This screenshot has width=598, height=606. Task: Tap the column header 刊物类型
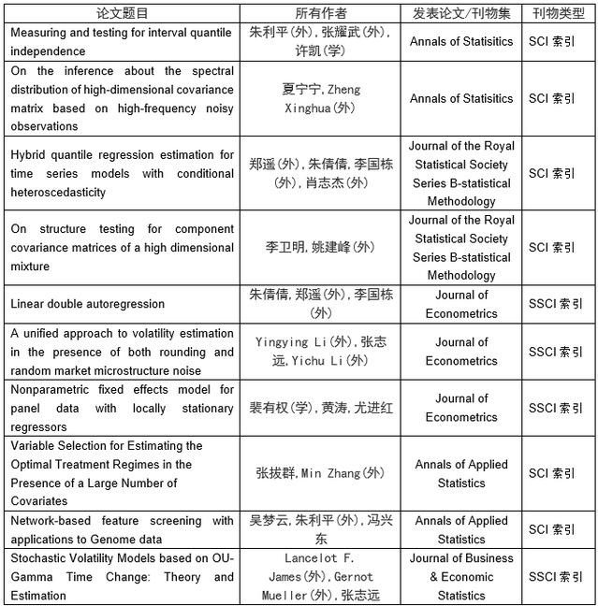(560, 13)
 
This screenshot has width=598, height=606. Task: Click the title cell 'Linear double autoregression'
(88, 304)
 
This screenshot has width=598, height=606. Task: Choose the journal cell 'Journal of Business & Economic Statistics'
(461, 576)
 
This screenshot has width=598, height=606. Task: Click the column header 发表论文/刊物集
(461, 13)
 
